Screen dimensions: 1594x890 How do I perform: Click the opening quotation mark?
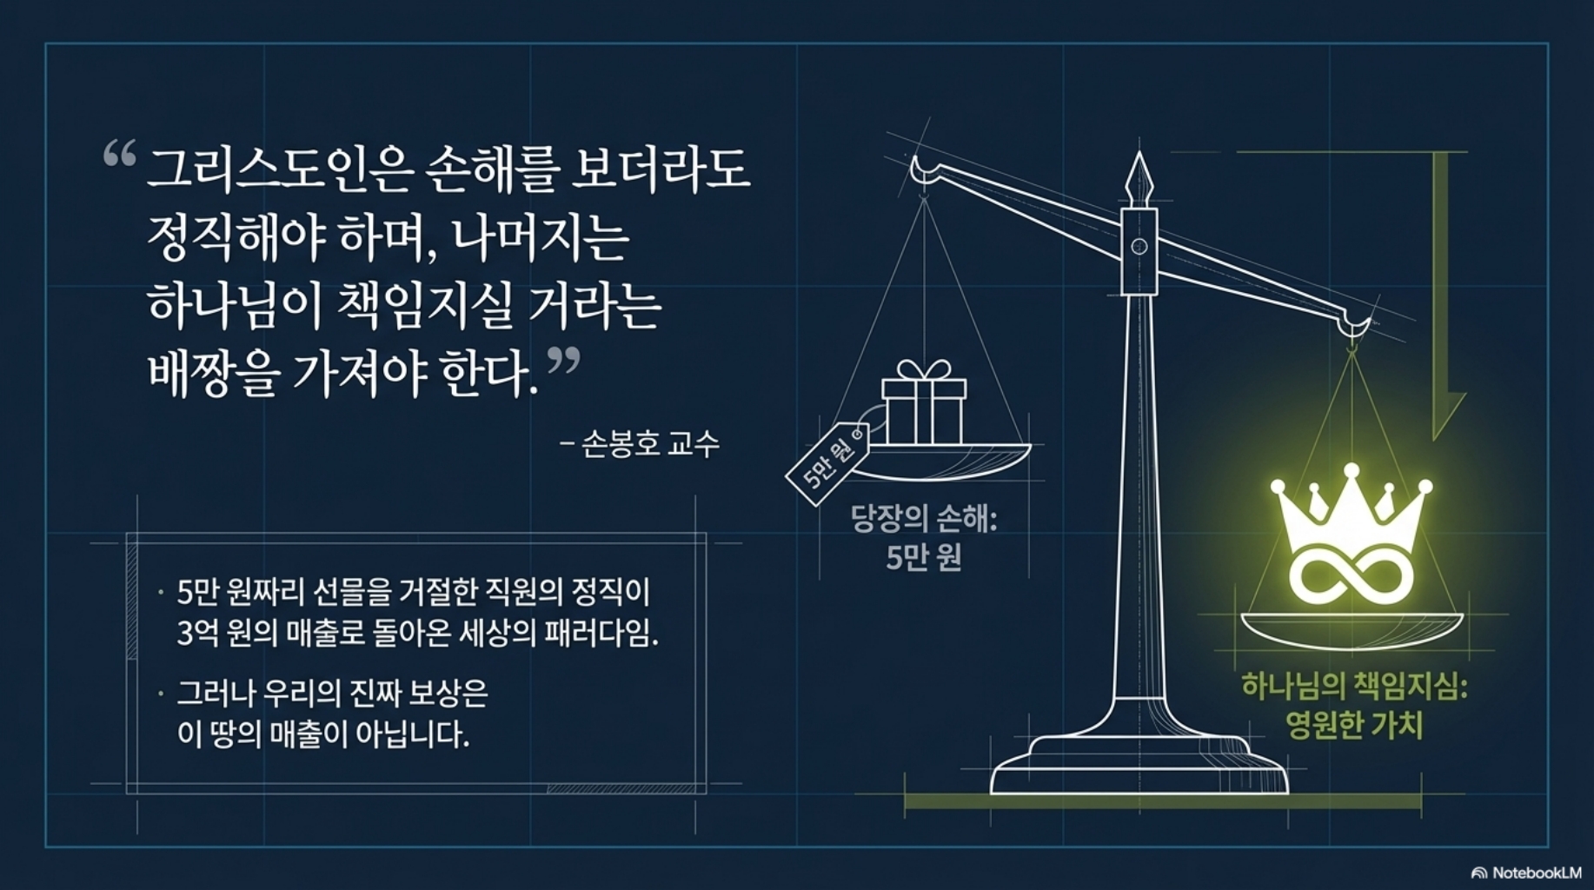pos(120,155)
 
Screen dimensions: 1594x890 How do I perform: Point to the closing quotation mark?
pos(563,361)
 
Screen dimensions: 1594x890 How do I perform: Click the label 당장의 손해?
pos(924,519)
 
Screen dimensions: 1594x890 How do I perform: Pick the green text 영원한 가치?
pos(1354,725)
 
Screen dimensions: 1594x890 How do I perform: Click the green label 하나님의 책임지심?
pos(1354,687)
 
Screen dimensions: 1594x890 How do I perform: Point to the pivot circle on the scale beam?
pos(1139,247)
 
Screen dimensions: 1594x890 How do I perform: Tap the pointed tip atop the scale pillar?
pos(1139,154)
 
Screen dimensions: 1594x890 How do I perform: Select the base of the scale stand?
pos(1139,765)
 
